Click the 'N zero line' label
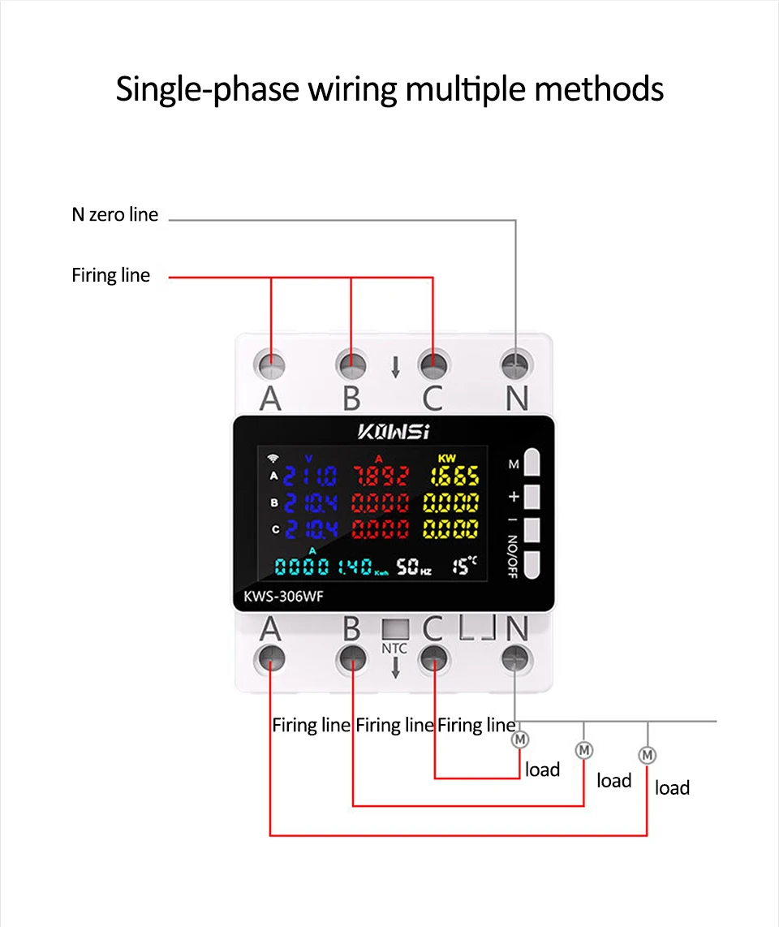115,215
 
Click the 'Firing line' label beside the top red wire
111,275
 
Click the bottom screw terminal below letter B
352,658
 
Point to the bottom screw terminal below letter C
433,658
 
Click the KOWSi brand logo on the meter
394,430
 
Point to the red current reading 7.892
380,476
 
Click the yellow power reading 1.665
454,476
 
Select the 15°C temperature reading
464,564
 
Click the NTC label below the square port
394,649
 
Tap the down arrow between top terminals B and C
395,368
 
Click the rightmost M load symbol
648,755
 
